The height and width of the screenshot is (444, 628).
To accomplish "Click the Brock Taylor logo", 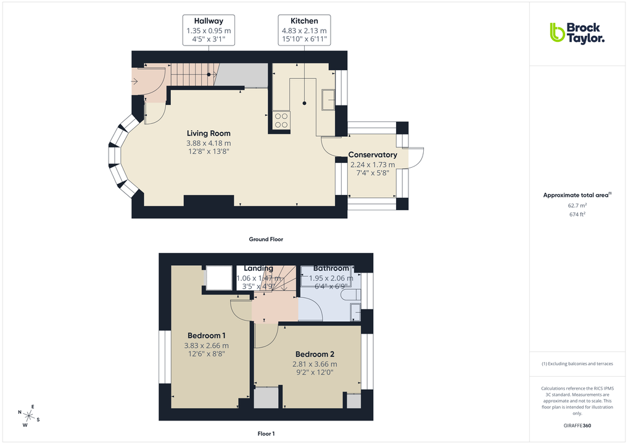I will click(x=577, y=33).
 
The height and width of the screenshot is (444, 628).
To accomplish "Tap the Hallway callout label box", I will click(x=209, y=30).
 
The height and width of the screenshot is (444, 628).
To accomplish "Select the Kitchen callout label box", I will click(x=304, y=30).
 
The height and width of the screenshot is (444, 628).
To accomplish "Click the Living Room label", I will click(x=209, y=133).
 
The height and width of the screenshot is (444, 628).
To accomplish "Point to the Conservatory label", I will click(x=372, y=155).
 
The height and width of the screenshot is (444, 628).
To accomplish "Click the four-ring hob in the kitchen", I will click(x=281, y=120).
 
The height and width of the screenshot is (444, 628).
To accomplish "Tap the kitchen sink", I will click(x=328, y=99).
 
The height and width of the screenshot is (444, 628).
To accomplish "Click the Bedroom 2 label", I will click(x=315, y=355).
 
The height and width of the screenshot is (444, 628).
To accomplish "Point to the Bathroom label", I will click(x=331, y=268).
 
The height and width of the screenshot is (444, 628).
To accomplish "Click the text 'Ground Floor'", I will click(x=266, y=239).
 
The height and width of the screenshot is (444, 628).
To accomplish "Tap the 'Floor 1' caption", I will click(x=266, y=434).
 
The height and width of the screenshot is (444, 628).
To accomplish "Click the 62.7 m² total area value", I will click(x=577, y=205).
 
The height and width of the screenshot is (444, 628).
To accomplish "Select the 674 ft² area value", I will click(x=577, y=214).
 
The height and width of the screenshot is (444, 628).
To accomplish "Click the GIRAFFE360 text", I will click(x=577, y=425).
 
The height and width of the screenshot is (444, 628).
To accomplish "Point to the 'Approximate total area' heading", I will click(x=577, y=195).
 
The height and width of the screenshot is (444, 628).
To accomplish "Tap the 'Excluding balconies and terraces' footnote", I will click(x=577, y=364).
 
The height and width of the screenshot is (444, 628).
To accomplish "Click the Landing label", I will click(x=258, y=268).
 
